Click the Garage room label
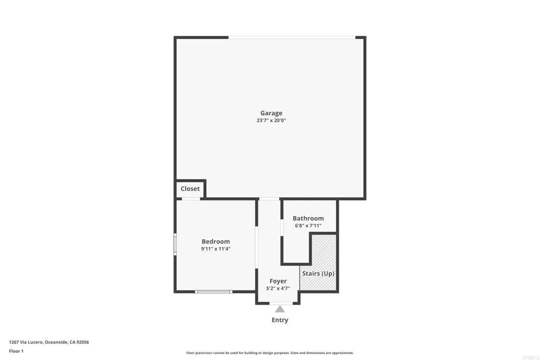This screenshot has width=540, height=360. (x=271, y=113)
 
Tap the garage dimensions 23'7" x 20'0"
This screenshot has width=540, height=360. (x=271, y=121)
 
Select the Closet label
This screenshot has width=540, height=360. (x=190, y=189)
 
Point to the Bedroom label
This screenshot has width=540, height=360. (x=216, y=241)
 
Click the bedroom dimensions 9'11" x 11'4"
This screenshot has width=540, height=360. (x=216, y=249)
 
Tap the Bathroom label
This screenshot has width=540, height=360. (x=308, y=218)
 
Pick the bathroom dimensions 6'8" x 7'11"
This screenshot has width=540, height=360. (x=308, y=226)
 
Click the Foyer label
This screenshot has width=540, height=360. (x=278, y=281)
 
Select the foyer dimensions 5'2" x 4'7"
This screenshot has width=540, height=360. (x=278, y=289)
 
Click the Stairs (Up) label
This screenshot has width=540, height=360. (x=318, y=274)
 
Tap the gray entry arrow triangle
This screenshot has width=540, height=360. (x=279, y=309)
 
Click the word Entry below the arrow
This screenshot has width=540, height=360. (x=279, y=320)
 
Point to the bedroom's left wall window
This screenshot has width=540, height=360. (x=176, y=245)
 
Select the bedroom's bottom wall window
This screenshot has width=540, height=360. (x=213, y=291)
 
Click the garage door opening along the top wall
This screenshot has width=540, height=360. (x=292, y=37)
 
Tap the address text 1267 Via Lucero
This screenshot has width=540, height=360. (x=49, y=342)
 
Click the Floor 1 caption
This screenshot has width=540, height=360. (x=16, y=351)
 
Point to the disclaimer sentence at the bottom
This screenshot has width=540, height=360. (x=269, y=353)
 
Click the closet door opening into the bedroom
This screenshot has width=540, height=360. (x=190, y=199)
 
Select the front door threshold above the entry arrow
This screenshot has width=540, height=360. (x=279, y=303)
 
